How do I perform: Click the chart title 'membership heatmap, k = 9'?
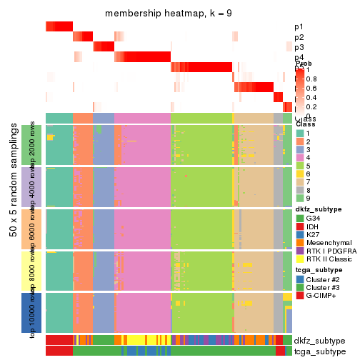coord(169,14)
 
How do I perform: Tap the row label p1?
coord(299,27)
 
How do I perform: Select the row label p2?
coord(299,37)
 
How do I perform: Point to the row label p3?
coord(299,47)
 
